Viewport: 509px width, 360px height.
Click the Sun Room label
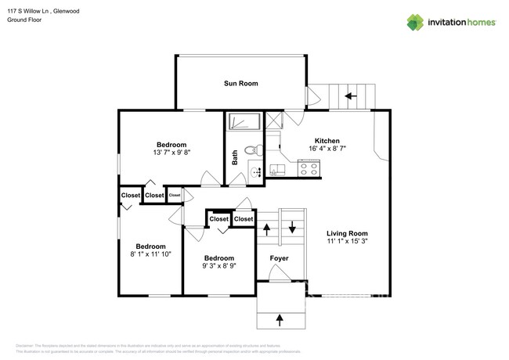(240, 84)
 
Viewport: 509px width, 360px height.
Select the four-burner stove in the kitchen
(309, 167)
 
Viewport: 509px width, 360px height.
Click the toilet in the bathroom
(251, 150)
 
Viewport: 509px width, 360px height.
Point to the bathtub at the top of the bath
(245, 123)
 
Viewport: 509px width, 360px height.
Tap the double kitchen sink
(277, 170)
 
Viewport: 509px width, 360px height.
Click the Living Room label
(347, 234)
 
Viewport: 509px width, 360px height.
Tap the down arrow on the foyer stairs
(293, 229)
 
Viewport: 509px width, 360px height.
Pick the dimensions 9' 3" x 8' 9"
(219, 266)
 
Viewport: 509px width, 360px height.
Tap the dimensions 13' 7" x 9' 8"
(171, 153)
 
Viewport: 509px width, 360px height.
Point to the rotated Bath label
(235, 157)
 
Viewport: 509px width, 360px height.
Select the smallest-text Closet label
(174, 195)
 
